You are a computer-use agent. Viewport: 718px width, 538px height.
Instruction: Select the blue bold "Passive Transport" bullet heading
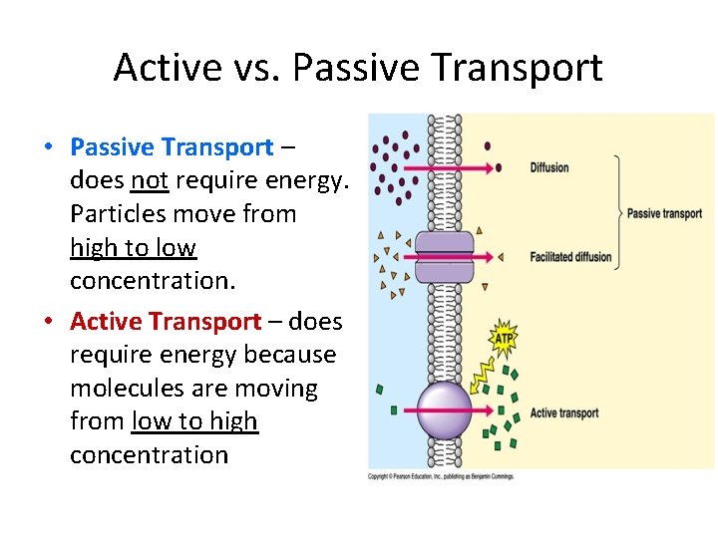172,147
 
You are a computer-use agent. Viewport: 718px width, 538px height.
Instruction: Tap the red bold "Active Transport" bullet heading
166,322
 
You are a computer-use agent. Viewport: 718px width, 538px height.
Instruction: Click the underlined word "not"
150,180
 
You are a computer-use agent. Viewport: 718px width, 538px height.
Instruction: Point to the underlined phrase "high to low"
133,247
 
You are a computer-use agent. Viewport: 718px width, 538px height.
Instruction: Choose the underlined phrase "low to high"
194,421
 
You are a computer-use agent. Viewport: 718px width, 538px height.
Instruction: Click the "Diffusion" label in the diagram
549,167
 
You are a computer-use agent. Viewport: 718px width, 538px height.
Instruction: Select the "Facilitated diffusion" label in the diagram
570,257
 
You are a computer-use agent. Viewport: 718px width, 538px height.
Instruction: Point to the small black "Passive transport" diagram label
664,213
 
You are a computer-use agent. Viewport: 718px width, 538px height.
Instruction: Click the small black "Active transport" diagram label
564,412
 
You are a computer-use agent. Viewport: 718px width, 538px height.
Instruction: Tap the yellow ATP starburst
505,339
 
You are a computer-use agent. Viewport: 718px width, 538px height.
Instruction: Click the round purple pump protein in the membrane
444,410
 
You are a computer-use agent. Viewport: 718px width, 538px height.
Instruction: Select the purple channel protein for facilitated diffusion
444,256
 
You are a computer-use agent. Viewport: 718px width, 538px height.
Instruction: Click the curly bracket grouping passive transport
618,212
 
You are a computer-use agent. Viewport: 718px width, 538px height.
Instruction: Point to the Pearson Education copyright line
441,476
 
